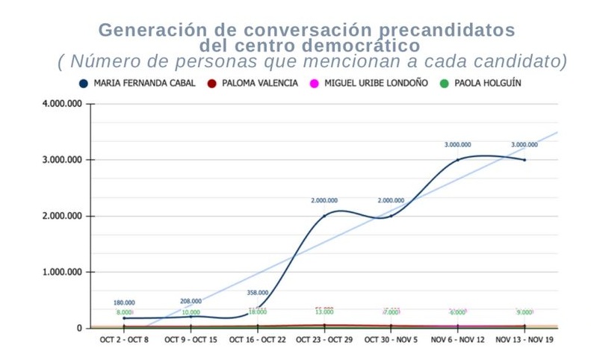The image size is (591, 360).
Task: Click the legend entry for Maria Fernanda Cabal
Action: click(137, 84)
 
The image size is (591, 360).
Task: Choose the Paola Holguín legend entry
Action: click(481, 84)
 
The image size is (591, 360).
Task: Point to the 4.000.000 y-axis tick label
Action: click(61, 104)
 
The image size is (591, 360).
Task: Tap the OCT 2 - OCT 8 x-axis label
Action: click(124, 340)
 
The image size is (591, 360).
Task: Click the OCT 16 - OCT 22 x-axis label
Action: click(257, 340)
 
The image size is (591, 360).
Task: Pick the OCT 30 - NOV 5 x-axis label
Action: click(391, 340)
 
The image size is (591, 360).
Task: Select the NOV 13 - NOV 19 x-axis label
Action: click(525, 340)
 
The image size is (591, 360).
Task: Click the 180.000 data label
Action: click(124, 302)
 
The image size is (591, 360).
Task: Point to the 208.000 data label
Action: click(191, 301)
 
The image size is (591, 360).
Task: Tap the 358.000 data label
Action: click(257, 293)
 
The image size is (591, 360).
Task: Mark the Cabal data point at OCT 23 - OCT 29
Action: click(324, 216)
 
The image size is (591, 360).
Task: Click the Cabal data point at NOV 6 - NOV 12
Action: click(457, 160)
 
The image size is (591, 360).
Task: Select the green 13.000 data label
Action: click(324, 312)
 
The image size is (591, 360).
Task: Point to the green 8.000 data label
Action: click(124, 312)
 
